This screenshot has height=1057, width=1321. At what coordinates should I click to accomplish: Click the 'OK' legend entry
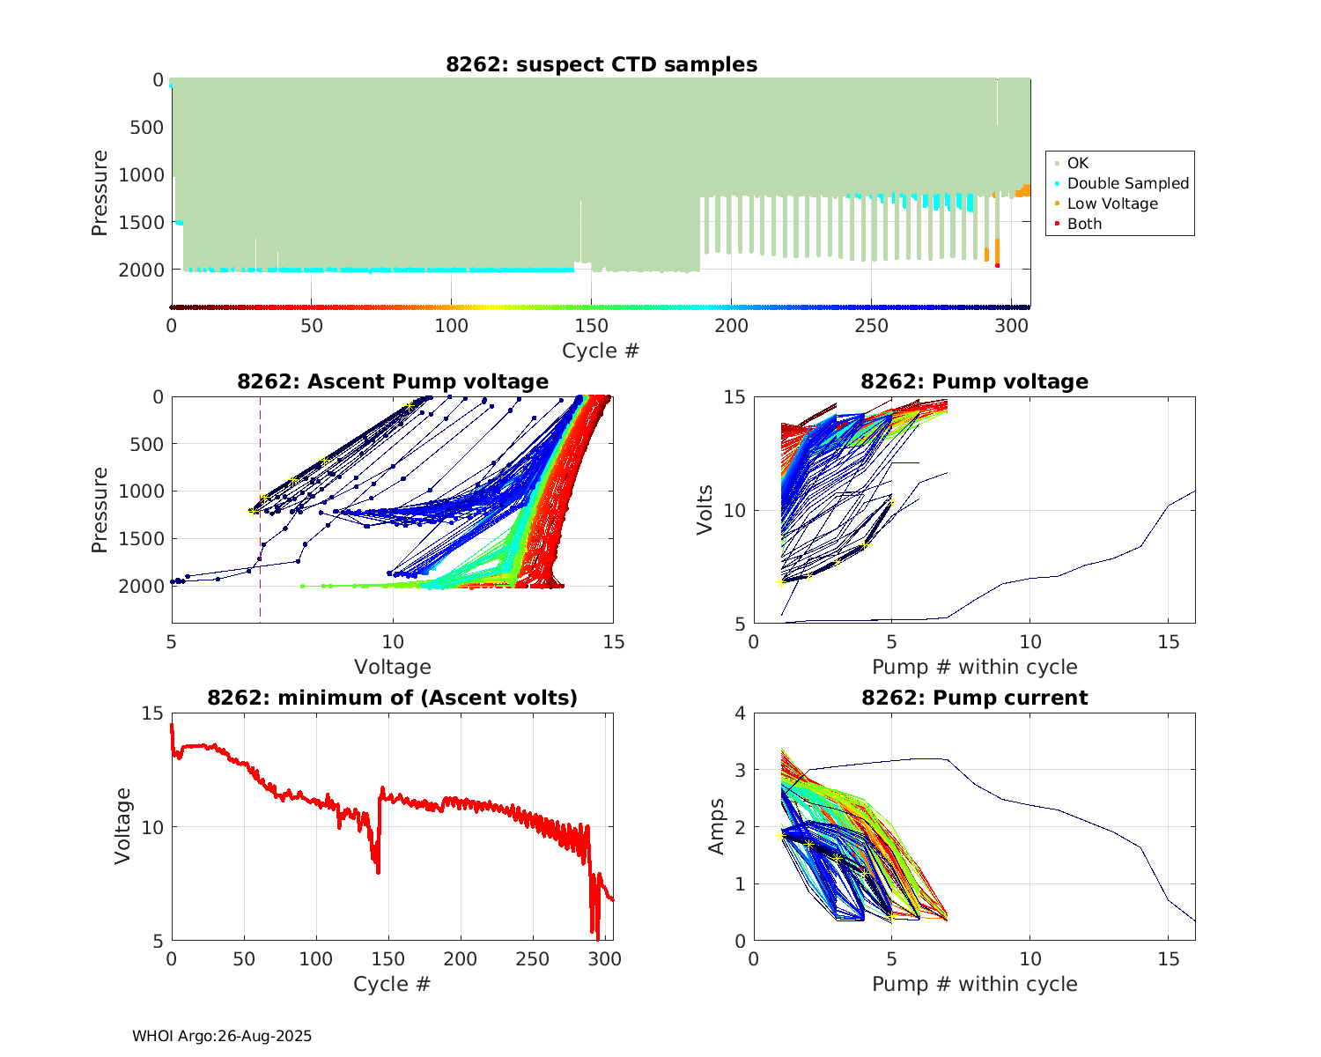(1077, 163)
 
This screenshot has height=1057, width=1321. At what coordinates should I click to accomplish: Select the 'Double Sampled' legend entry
(1127, 183)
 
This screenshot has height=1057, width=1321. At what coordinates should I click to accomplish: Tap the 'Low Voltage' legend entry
(1112, 203)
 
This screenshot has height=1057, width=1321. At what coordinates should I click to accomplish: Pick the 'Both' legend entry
(1084, 224)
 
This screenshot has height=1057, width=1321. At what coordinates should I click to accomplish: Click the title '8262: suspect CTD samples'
(601, 64)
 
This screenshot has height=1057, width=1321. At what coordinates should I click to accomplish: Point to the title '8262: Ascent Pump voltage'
(393, 381)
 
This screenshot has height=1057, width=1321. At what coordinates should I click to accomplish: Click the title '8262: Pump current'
(974, 698)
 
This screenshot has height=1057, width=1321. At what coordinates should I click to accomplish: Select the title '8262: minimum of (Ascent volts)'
(393, 698)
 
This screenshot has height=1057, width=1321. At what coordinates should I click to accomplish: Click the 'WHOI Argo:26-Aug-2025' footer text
(222, 1036)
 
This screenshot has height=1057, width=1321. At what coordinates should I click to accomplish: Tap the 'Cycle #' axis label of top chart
(601, 351)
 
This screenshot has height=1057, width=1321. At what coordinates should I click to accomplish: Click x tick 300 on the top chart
(1011, 326)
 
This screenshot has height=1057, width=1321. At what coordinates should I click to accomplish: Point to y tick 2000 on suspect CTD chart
(140, 270)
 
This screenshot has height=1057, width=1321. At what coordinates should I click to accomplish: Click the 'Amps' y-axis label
(717, 826)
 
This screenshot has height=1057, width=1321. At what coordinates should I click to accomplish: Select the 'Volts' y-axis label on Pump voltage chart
(705, 510)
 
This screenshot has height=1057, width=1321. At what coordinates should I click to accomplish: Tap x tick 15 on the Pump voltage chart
(1168, 642)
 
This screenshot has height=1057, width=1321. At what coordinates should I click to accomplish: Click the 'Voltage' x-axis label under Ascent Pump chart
(393, 667)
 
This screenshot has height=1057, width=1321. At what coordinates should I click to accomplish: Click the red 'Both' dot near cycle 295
(997, 265)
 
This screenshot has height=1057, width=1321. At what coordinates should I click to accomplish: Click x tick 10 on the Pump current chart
(1029, 959)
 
